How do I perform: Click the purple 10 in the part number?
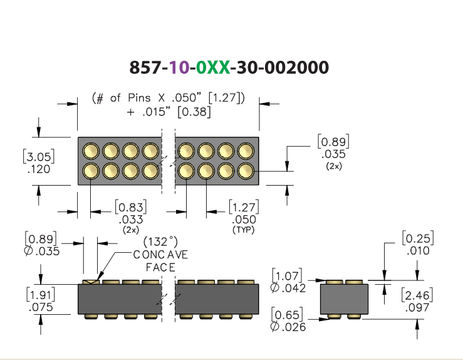pyautogui.click(x=179, y=67)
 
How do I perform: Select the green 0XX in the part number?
pyautogui.click(x=213, y=67)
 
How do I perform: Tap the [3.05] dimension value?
pyautogui.click(x=39, y=156)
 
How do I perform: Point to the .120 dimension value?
pyautogui.click(x=39, y=169)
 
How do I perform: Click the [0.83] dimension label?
pyautogui.click(x=131, y=207)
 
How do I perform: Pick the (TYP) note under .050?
pyautogui.click(x=244, y=230)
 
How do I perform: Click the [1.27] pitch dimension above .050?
pyautogui.click(x=244, y=206)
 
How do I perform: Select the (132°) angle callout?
pyautogui.click(x=160, y=241)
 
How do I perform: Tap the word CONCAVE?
pyautogui.click(x=160, y=255)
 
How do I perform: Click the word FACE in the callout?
pyautogui.click(x=160, y=267)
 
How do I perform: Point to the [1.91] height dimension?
pyautogui.click(x=41, y=295)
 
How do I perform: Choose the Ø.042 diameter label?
pyautogui.click(x=288, y=288)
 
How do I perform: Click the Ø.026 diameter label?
pyautogui.click(x=288, y=327)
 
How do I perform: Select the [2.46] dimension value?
pyautogui.click(x=417, y=295)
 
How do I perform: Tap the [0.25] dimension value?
pyautogui.click(x=418, y=238)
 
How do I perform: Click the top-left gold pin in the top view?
pyautogui.click(x=91, y=151)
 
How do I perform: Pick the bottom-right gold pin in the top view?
pyautogui.click(x=246, y=171)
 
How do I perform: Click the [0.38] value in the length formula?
pyautogui.click(x=194, y=112)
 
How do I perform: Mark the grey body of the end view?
pyautogui.click(x=345, y=299)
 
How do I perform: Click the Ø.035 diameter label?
pyautogui.click(x=41, y=251)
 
